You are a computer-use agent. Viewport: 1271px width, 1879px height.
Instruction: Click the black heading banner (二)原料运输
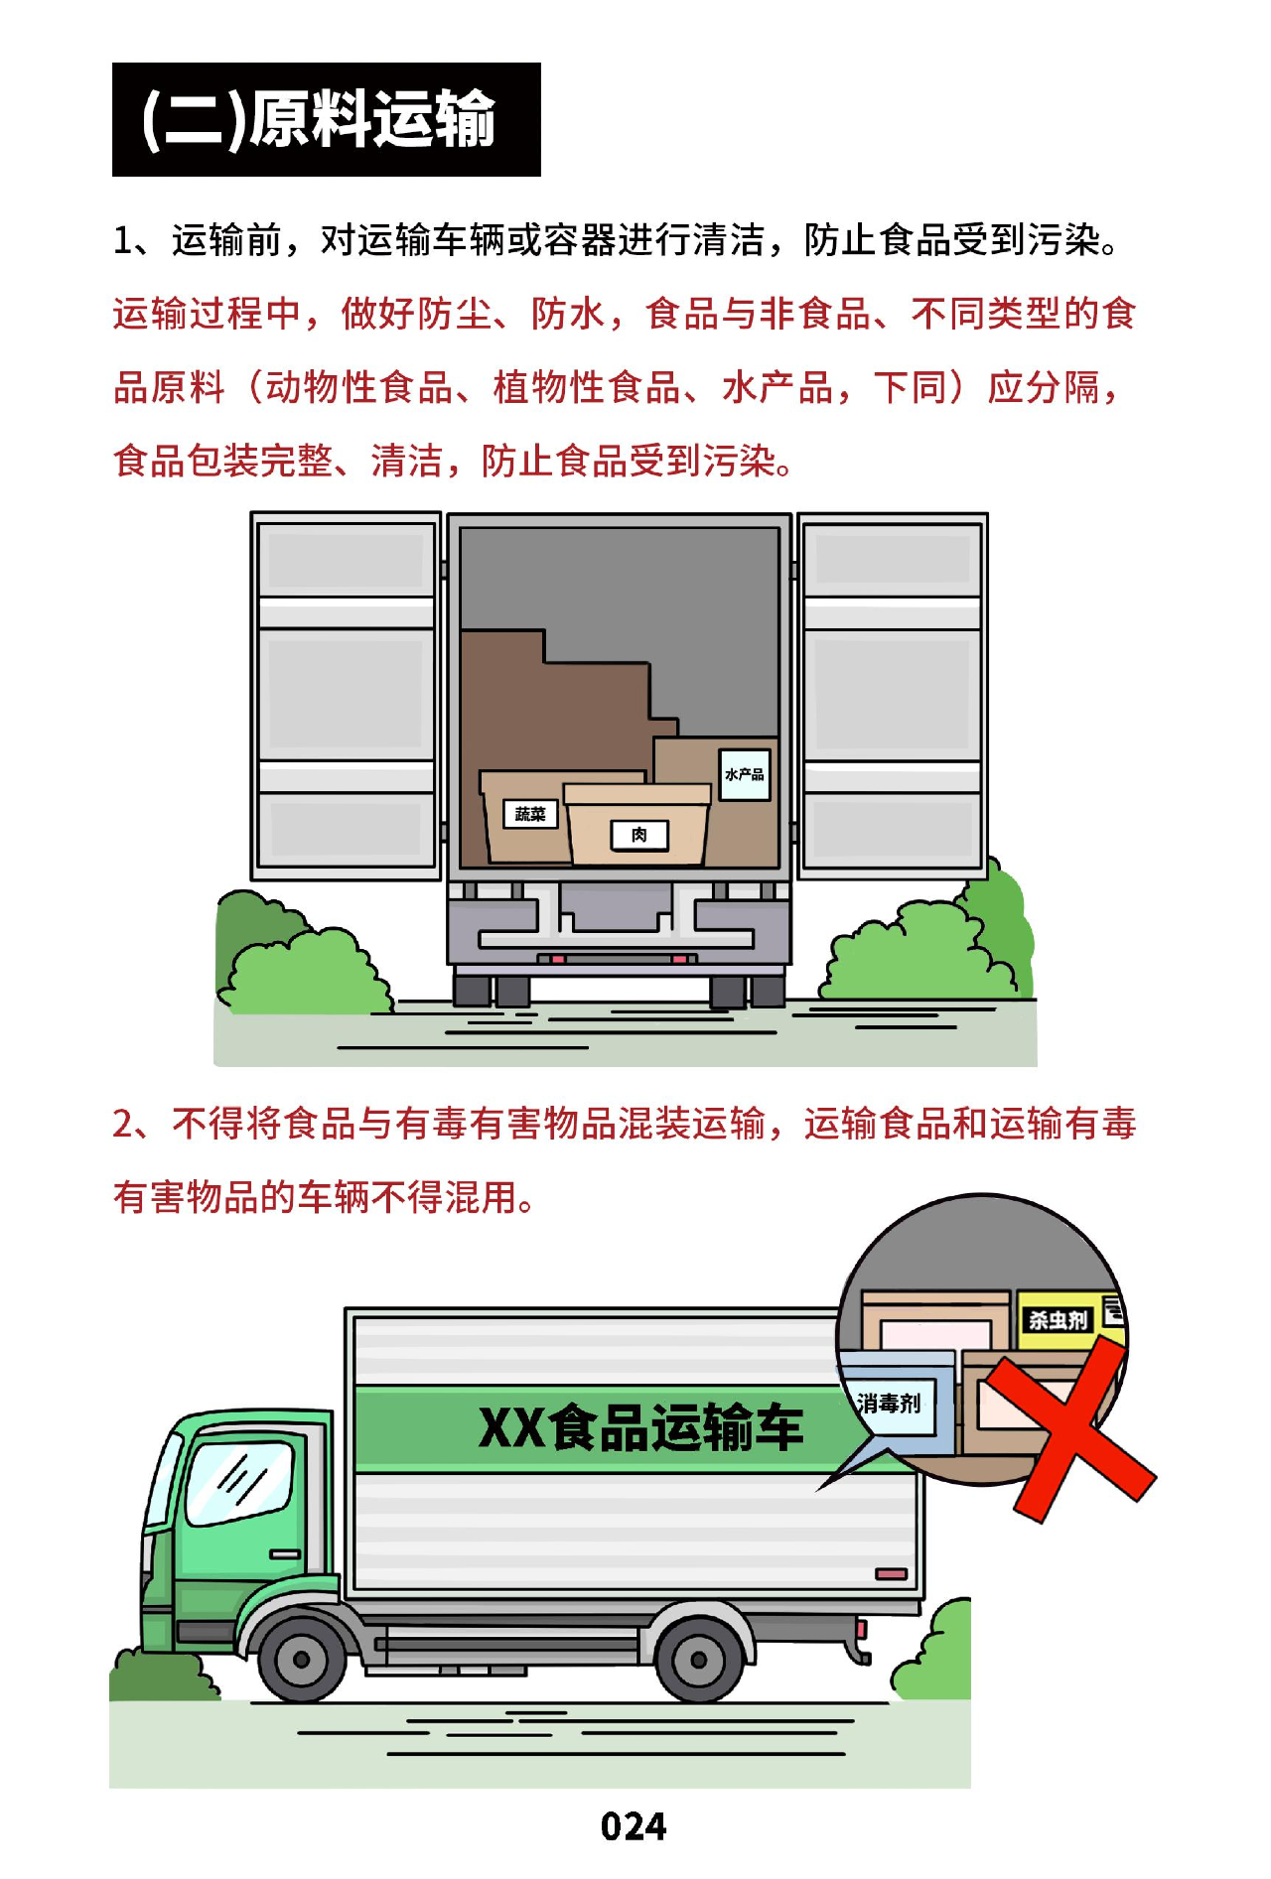click(326, 119)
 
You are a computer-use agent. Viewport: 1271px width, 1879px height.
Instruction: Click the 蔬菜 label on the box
click(530, 814)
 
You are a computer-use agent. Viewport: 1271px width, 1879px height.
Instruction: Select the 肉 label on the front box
click(638, 835)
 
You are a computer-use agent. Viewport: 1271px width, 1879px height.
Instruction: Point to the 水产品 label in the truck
click(745, 774)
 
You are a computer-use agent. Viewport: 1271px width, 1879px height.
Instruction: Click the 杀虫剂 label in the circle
click(1058, 1320)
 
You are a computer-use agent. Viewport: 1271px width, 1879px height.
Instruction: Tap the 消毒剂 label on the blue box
click(889, 1404)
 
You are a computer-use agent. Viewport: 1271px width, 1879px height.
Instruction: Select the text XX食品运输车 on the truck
click(640, 1428)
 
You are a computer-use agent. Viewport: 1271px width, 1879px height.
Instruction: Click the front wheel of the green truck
click(302, 1659)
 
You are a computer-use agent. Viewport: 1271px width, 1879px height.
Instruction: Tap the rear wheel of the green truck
click(699, 1659)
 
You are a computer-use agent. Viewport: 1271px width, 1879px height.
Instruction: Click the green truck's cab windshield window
click(239, 1482)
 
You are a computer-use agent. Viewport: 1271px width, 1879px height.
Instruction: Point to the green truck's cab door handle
click(285, 1554)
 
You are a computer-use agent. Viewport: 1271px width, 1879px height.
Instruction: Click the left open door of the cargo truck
click(346, 696)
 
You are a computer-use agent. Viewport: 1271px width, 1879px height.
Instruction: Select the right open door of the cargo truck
click(893, 696)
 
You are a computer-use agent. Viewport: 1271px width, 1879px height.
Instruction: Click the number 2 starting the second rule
click(123, 1124)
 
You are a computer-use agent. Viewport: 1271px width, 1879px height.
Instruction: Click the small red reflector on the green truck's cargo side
click(891, 1574)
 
